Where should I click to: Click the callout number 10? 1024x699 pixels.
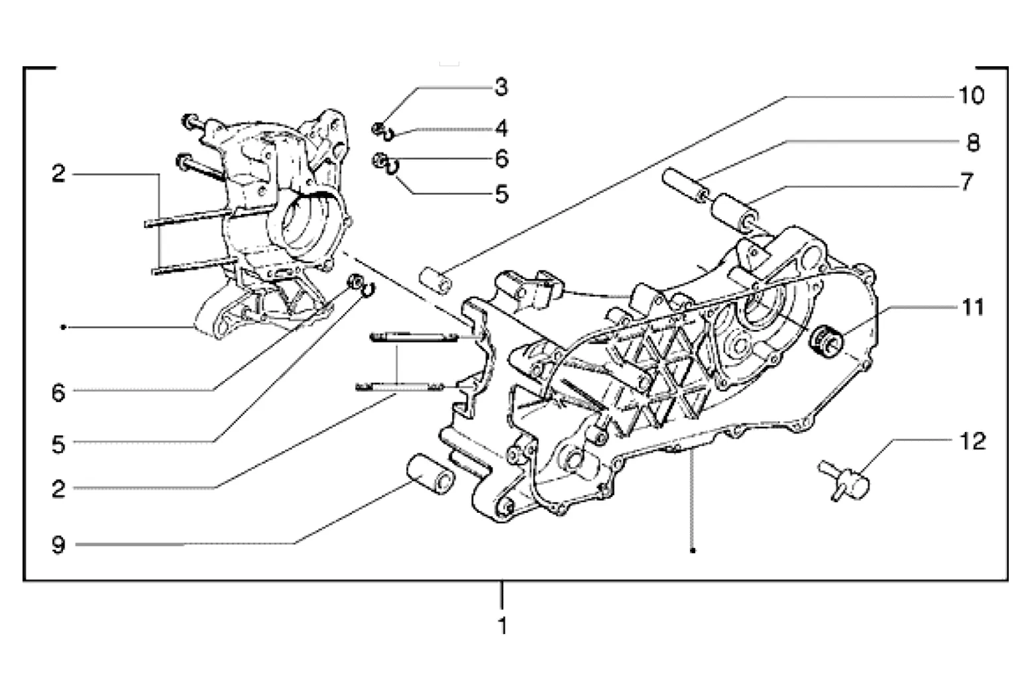tap(971, 96)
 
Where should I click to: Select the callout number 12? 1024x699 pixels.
tap(972, 441)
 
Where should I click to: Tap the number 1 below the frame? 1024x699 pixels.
tap(502, 625)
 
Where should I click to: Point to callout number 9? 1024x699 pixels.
tap(58, 545)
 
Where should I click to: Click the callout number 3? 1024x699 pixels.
tap(502, 87)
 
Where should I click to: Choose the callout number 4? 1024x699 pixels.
tap(502, 129)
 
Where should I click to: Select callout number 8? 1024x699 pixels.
tap(973, 143)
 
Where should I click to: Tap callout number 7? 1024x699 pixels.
tap(967, 182)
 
